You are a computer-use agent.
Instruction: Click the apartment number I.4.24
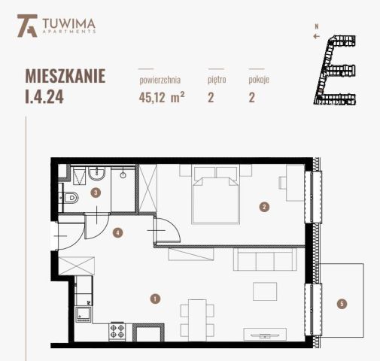coord(65,86)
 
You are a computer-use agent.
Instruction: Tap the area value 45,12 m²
coord(162,96)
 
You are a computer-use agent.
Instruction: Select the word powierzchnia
coord(160,78)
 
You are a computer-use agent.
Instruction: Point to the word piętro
coord(216,78)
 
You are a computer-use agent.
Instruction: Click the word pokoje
coord(259,78)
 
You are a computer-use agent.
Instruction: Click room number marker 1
coord(154,299)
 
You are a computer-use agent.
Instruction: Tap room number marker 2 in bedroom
coord(264,205)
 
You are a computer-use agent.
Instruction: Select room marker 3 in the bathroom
coord(96,193)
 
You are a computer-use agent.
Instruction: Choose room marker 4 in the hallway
coord(117,232)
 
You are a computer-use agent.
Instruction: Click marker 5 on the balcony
coord(342,304)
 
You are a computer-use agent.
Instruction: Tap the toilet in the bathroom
coord(70,199)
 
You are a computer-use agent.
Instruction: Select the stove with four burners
coord(117,330)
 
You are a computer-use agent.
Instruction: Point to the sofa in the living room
coord(263,261)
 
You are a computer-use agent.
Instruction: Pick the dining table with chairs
coord(196,316)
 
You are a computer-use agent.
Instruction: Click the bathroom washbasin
coord(93,175)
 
